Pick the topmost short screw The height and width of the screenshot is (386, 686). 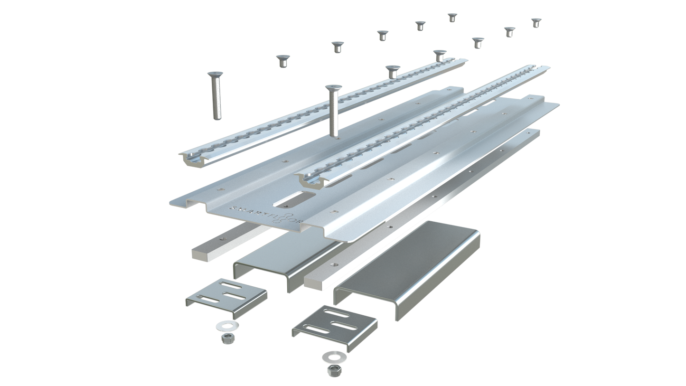click(452, 17)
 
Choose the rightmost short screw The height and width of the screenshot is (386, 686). click(536, 22)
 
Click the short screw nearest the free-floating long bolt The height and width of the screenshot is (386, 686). click(282, 60)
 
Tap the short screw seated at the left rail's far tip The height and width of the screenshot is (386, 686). click(440, 54)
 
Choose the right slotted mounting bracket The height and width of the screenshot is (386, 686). click(335, 326)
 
